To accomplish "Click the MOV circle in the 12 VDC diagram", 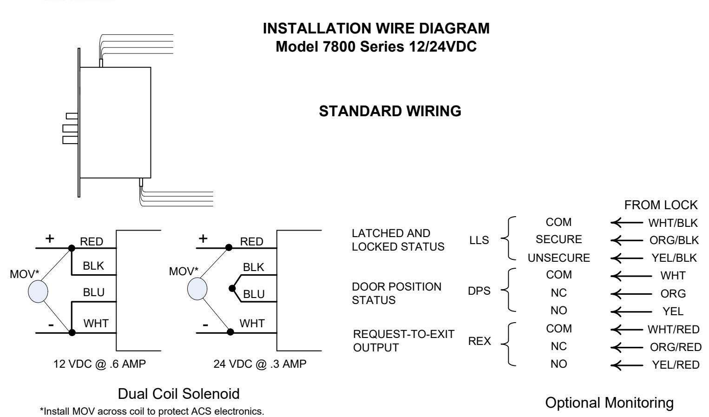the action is coord(38,291).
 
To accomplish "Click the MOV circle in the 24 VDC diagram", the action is coord(197,289).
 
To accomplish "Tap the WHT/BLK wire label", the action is coord(673,223).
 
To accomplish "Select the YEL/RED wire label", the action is coord(676,365).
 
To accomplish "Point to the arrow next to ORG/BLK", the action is coord(627,241).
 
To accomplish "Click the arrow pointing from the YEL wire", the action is coord(631,311).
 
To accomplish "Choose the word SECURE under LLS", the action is coord(558,239).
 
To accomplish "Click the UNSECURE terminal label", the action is coord(558,258).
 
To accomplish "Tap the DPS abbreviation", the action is coord(479,291).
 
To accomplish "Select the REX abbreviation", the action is coord(479,341).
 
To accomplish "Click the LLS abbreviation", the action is coord(479,240).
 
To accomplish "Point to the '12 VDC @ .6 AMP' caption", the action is coord(99,364).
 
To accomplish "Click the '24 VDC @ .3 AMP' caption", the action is coord(260,364).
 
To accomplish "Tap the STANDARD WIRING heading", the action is coord(390,111).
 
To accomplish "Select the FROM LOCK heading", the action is coord(661,205).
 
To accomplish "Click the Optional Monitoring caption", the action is coord(609,403).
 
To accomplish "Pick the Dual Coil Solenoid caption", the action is coord(178,394).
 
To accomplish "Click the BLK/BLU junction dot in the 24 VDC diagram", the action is coord(232,288).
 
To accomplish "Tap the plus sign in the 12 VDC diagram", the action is coord(50,238).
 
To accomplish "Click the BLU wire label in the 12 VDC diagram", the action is coord(94,292).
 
